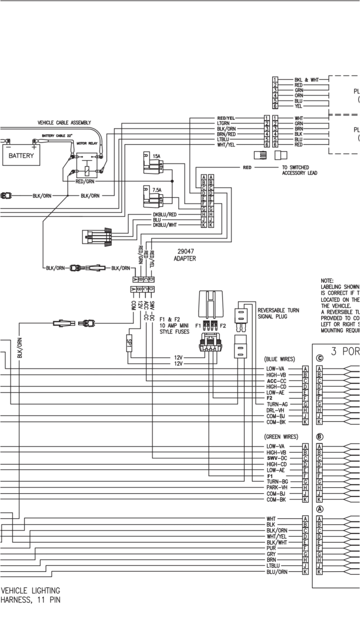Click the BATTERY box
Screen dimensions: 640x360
point(21,156)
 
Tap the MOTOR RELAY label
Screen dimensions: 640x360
point(87,143)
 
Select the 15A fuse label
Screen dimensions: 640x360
point(157,156)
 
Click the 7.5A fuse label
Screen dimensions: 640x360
point(157,190)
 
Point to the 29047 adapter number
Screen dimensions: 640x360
point(185,252)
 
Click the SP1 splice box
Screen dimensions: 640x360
point(129,343)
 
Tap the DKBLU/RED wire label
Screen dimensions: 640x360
point(164,215)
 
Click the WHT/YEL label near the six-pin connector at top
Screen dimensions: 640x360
point(226,145)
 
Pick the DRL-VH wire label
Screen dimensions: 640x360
point(276,410)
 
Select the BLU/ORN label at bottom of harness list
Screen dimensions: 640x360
point(277,572)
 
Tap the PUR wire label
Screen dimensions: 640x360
point(271,548)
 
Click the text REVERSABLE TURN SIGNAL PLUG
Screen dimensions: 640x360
point(278,313)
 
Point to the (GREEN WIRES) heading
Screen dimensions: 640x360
point(281,437)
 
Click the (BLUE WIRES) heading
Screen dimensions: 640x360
point(280,359)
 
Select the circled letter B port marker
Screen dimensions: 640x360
point(320,437)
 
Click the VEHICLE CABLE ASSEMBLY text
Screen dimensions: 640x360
point(64,123)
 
